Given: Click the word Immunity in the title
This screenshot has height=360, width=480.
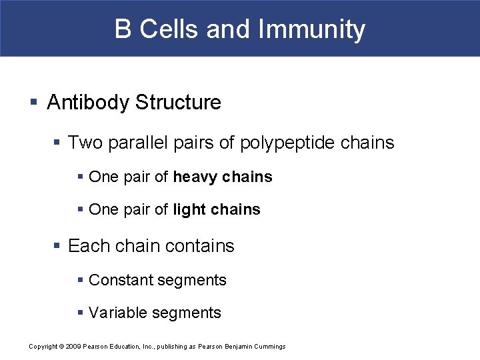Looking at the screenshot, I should pos(311,29).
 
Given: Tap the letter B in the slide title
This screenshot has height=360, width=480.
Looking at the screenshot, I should pos(123,29).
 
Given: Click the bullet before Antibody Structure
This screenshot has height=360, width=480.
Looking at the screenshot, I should pos(33,103).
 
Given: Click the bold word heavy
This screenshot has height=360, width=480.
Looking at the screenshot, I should pos(195,177).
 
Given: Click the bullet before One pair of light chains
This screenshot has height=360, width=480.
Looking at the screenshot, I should pos(80,210).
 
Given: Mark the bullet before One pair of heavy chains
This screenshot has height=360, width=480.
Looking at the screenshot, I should pos(80,177).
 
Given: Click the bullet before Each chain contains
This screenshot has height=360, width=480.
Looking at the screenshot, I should pos(58,246).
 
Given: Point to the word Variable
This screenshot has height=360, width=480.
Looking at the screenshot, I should pos(117,313).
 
